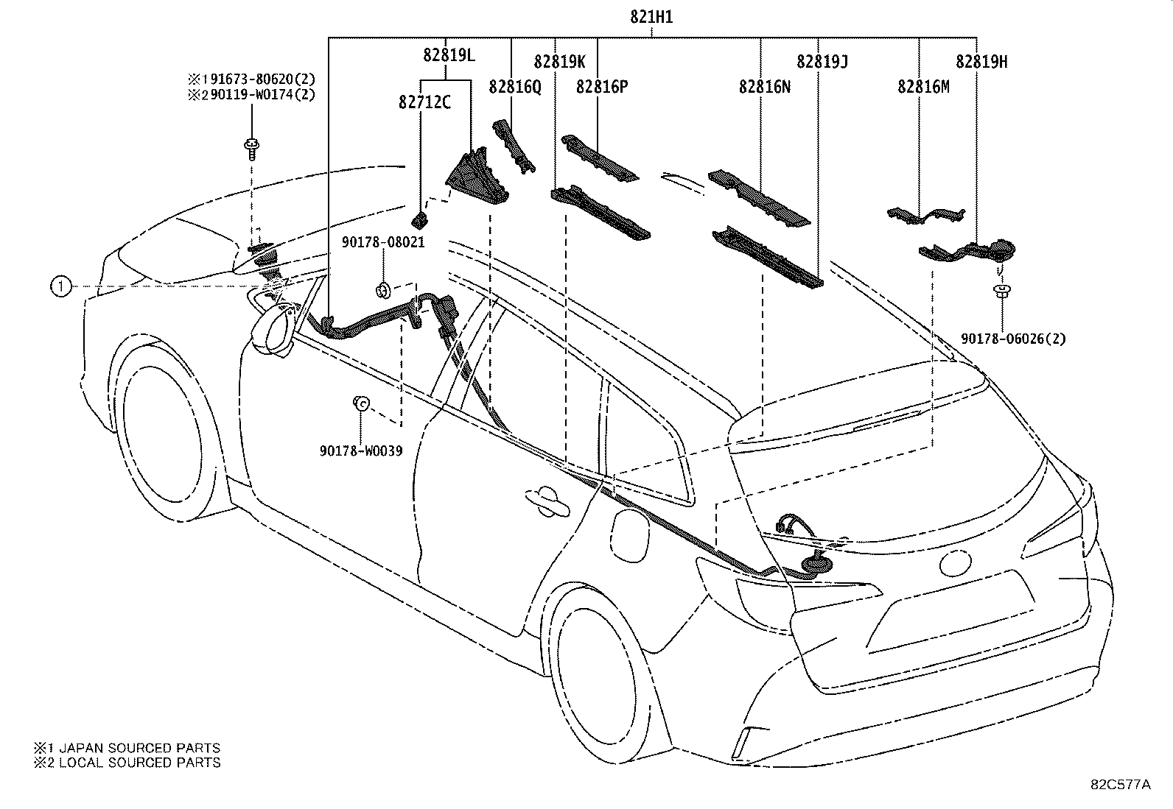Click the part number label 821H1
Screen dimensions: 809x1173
651,18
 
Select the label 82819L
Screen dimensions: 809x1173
449,54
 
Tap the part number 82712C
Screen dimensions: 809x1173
425,102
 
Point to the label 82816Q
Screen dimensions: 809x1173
514,87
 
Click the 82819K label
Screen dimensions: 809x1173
559,62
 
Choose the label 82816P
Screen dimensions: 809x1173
602,87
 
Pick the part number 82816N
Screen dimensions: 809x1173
765,87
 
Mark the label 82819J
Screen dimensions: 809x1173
822,62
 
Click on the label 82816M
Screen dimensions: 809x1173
923,87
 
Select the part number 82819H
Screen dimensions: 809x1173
981,62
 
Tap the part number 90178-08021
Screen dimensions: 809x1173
383,241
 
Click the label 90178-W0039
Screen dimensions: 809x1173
361,451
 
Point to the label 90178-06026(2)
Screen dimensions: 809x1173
1013,339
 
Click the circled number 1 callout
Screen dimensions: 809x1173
61,286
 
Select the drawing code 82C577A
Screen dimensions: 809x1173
1120,785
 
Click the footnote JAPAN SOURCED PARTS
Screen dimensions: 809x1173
127,748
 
